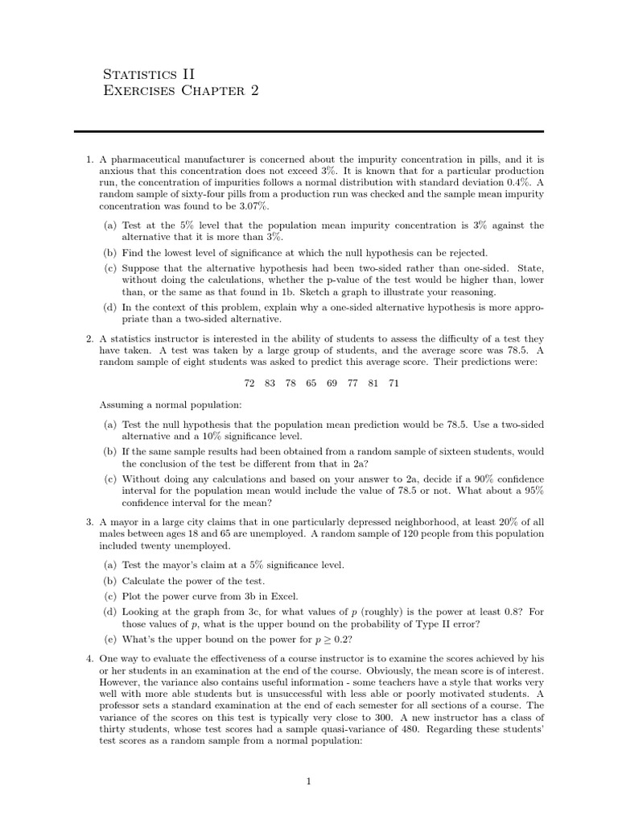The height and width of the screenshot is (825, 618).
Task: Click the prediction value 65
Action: [x=311, y=383]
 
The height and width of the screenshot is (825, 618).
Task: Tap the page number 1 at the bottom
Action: [x=308, y=781]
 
